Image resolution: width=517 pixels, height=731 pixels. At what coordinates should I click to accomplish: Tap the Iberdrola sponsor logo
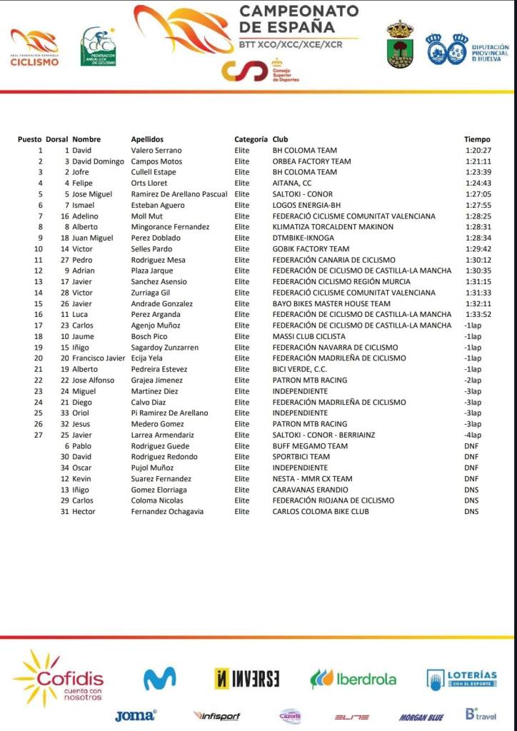coord(353,679)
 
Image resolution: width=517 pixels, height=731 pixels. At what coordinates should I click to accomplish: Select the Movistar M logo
coord(160,678)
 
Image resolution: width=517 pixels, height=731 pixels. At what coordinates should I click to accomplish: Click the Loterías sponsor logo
coord(461,679)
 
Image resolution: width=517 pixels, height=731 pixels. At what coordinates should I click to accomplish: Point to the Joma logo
coord(135,715)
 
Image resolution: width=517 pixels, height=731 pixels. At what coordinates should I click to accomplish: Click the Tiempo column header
coord(477,139)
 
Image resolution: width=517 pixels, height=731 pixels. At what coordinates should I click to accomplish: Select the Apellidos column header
coord(147,139)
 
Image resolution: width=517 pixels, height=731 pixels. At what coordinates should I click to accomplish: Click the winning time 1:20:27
coord(477,151)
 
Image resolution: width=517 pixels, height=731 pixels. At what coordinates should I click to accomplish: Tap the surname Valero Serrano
coord(156,151)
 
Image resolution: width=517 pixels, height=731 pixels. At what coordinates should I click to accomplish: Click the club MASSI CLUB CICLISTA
coord(308,336)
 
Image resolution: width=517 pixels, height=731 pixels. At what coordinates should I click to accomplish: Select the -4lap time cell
coord(473,435)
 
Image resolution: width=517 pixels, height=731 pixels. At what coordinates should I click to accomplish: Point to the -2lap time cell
coord(473,380)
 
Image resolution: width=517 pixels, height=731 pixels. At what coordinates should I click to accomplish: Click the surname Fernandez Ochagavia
coord(167,511)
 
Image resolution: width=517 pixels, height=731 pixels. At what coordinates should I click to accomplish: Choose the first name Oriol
coord(81,413)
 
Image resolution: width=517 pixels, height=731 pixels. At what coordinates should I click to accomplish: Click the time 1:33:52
coord(477,314)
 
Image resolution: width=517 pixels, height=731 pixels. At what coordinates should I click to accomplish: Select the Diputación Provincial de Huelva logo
coord(467,49)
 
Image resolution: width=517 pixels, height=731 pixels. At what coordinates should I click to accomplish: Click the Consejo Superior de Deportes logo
coord(261,71)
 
